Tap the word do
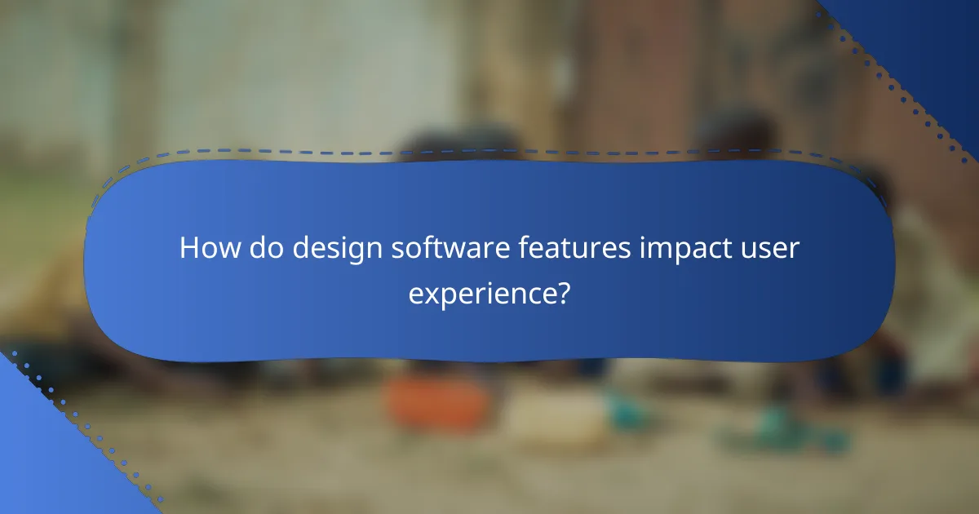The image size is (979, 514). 261,248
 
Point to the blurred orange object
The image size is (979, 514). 436,400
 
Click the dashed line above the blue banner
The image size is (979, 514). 489,152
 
